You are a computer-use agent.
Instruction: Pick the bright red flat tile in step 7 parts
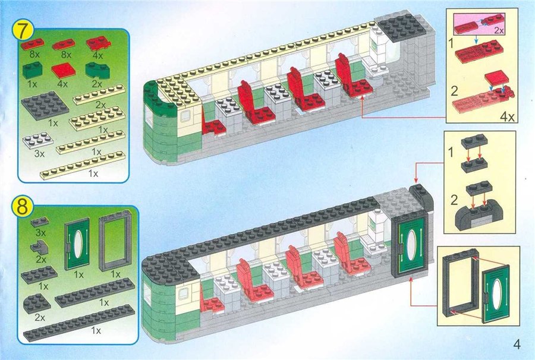(x=64, y=71)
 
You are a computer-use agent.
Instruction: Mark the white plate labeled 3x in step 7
(x=37, y=141)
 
